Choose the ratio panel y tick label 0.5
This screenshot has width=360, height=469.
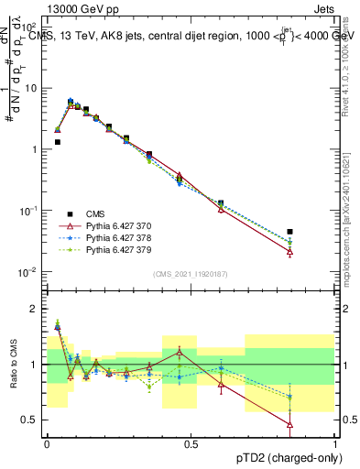31,420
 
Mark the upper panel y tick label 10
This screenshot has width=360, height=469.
31,89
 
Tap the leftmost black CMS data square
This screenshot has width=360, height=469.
57,142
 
